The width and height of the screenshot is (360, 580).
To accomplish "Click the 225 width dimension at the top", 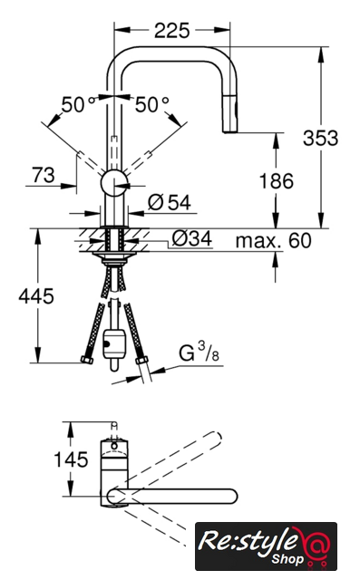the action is (x=171, y=30).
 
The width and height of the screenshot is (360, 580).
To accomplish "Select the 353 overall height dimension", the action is (x=320, y=138).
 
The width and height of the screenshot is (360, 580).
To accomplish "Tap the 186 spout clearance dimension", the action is (x=276, y=181).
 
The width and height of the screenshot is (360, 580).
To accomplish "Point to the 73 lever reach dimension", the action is (x=44, y=175).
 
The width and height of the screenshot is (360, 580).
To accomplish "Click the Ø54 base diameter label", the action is (x=170, y=202).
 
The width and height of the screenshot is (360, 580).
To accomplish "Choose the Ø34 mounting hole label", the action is (x=192, y=238).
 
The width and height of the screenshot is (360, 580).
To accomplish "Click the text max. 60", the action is (x=274, y=240).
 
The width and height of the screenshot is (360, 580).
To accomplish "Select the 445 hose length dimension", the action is (x=36, y=296).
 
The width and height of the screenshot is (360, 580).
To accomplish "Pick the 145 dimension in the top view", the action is (x=71, y=459).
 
